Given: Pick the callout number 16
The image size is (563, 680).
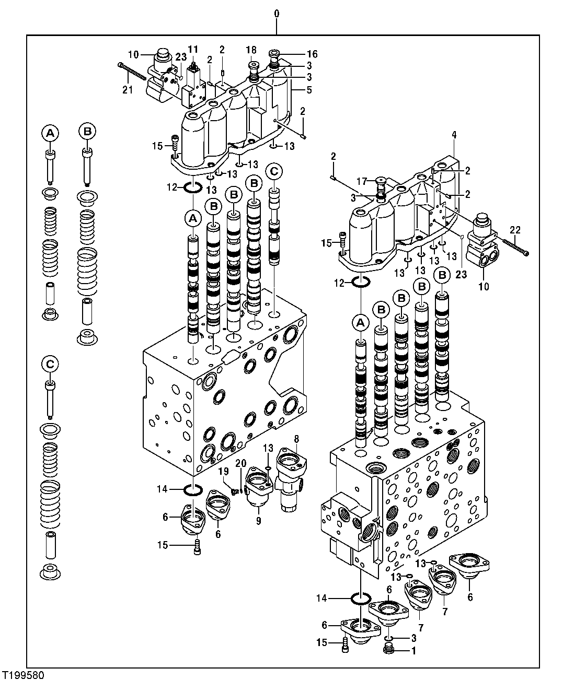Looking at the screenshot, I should (x=312, y=54).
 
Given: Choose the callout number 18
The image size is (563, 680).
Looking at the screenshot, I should (x=251, y=50).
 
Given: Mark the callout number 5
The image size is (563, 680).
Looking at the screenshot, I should (x=309, y=89).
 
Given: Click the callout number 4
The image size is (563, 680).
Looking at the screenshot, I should (x=454, y=135).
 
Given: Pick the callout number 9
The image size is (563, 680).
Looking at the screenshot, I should (x=258, y=520).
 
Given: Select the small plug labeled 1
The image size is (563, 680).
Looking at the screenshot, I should (x=388, y=649).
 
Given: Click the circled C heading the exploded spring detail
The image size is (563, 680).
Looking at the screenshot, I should (x=50, y=364).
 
